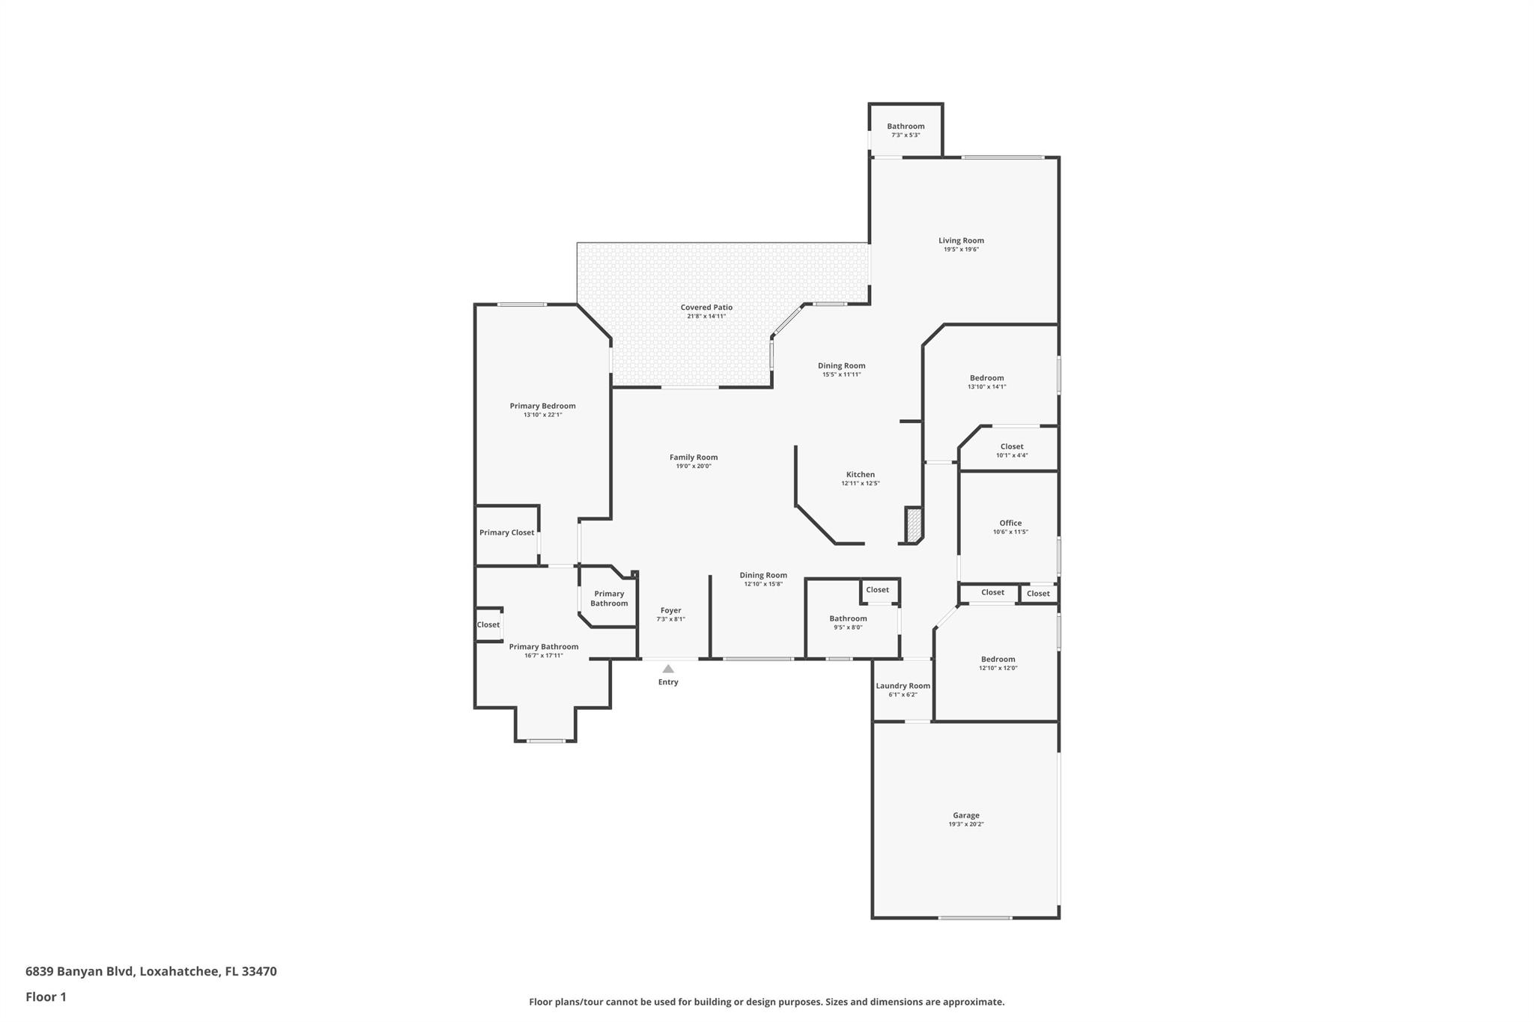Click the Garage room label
coord(965,815)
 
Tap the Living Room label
coord(961,240)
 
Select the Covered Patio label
coord(706,307)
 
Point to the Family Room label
coord(694,457)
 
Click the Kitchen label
coord(861,475)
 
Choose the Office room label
coord(1010,523)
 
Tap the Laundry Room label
coord(903,686)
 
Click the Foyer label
coord(671,610)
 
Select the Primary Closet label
coord(507,532)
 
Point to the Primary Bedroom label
coord(543,406)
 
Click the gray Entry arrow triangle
coord(668,669)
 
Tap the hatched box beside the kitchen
coord(913,525)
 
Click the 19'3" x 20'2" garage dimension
coord(966,824)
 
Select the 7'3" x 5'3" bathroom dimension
coord(906,135)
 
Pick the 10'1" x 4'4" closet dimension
coord(1012,455)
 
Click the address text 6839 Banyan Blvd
coord(80,971)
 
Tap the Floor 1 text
coord(46,997)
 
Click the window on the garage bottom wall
coord(975,918)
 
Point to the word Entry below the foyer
coord(668,682)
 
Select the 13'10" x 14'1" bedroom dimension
coord(987,387)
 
